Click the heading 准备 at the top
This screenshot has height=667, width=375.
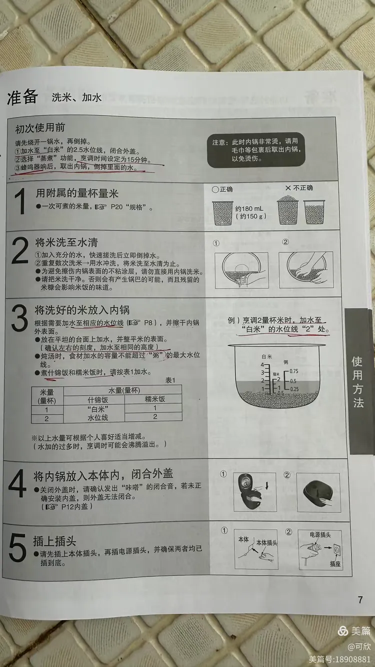(x=22, y=97)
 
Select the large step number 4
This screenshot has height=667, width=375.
(x=17, y=487)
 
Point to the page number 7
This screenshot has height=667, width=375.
(x=360, y=600)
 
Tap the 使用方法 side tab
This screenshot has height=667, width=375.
(x=358, y=381)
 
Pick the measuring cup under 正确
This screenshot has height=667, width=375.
(x=222, y=212)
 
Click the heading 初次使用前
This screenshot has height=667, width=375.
(x=39, y=128)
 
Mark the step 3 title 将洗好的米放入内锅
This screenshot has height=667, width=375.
(x=82, y=310)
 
